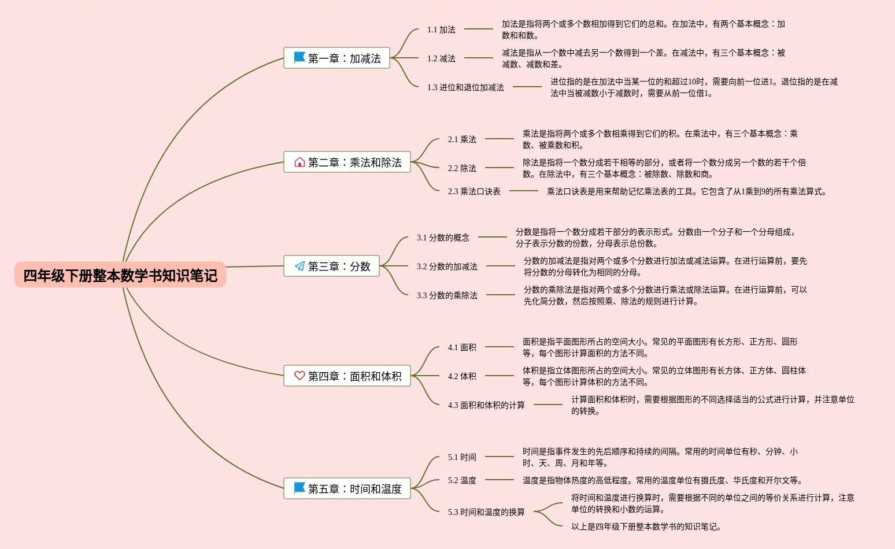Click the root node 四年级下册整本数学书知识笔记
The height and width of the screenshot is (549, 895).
120,275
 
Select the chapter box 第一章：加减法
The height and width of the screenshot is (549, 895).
336,58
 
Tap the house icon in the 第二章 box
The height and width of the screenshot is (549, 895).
299,162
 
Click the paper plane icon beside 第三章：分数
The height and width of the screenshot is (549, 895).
299,266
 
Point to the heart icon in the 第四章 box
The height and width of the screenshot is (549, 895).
299,376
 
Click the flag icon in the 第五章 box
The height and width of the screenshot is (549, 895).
299,488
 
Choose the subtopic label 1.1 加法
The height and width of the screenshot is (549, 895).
441,29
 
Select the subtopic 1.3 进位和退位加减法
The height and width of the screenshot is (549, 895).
465,87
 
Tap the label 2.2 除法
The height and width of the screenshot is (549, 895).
462,168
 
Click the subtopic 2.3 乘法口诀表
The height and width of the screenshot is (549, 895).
474,191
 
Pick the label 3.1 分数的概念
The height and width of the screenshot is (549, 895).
443,238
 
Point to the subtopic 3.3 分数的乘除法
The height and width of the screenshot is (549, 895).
447,295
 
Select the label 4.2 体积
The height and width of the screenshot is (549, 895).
462,376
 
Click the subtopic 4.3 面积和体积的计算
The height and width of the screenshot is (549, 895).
486,405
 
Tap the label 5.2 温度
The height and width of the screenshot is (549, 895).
462,480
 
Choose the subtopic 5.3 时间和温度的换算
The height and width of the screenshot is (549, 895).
486,512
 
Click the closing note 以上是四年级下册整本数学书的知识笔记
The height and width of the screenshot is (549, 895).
646,526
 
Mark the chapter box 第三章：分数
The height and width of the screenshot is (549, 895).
331,266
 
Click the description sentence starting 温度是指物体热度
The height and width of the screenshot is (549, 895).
662,480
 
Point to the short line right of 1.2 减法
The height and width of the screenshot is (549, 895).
479,58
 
